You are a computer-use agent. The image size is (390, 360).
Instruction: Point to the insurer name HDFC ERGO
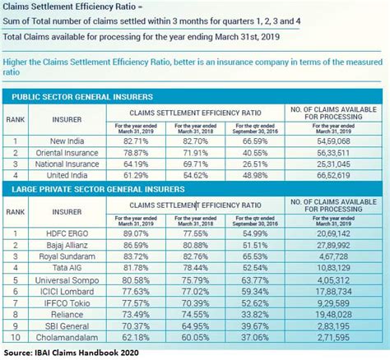[x=67, y=234]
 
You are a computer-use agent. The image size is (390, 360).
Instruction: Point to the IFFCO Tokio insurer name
[x=66, y=302]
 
